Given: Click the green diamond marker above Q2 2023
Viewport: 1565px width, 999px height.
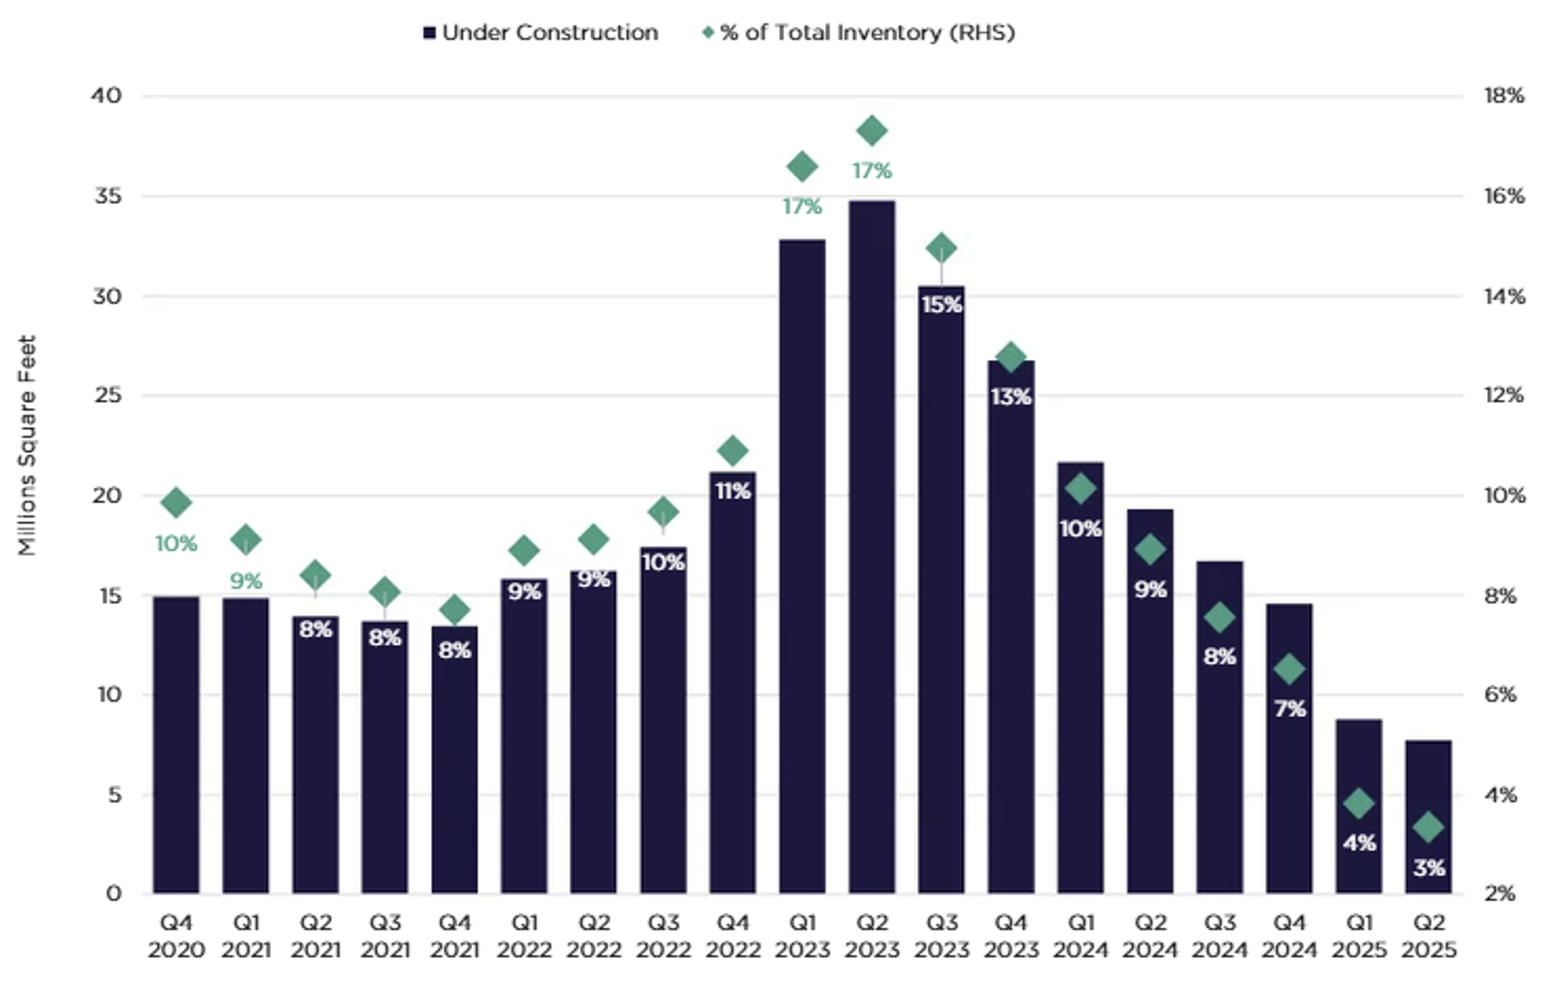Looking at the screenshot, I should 872,131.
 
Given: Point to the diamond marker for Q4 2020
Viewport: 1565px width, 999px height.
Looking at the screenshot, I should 176,503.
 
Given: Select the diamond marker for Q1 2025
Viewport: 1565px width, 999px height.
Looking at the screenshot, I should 1359,803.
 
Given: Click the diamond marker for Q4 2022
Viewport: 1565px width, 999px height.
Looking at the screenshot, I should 732,451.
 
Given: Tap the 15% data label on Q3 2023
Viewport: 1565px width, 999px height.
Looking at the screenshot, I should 941,305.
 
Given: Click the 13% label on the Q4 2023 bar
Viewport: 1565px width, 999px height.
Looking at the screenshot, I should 1010,397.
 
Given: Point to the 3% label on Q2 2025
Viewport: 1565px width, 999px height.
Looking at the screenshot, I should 1428,867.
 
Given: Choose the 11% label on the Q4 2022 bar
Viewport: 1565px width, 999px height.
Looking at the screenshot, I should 732,491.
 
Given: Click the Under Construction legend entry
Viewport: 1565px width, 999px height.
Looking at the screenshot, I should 540,32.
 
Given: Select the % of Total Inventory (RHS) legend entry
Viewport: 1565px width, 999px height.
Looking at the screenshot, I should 858,32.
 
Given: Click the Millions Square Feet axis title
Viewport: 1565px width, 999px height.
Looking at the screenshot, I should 27,445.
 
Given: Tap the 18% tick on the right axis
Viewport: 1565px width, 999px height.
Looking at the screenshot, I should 1503,96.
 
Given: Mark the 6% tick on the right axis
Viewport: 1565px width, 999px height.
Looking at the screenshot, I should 1500,694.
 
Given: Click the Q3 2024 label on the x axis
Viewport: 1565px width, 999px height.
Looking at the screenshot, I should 1219,935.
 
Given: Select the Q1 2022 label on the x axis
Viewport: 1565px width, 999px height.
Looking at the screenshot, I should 524,935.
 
